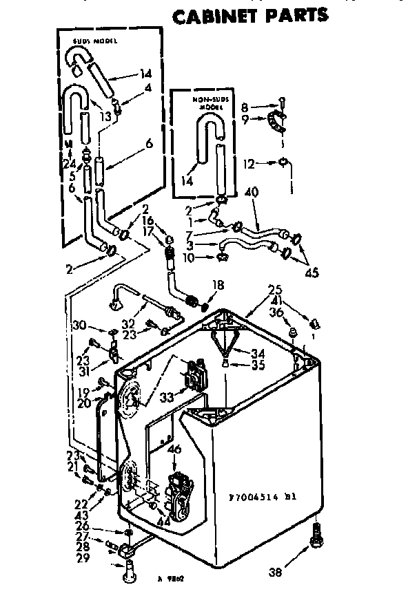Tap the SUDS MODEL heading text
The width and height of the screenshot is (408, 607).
95,42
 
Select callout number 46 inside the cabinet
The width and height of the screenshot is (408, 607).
174,449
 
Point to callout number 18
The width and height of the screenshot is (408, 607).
218,284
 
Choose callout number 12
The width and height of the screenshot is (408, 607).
249,164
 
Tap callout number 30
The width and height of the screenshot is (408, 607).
80,326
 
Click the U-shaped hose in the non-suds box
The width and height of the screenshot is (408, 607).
206,138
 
